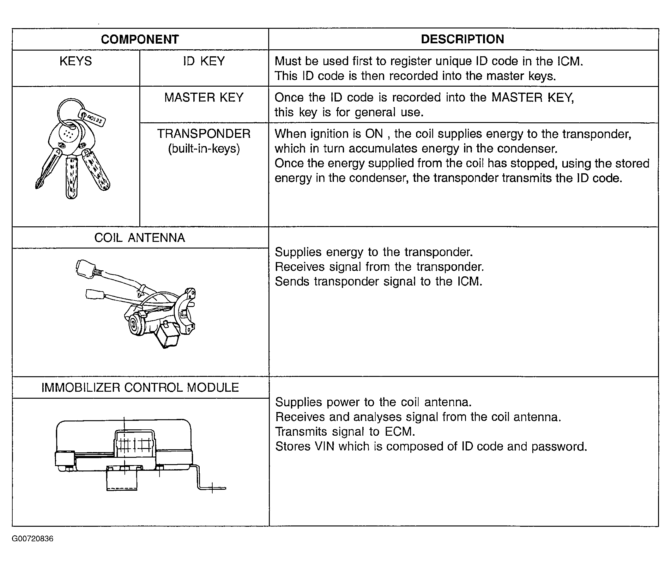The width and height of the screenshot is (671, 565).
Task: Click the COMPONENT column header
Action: coord(140,40)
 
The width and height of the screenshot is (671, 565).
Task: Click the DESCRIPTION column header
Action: coord(462,39)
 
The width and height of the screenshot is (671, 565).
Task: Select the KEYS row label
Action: coord(76,61)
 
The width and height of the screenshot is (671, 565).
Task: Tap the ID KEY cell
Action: coord(204,61)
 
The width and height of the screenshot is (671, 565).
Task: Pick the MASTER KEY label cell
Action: coord(204,97)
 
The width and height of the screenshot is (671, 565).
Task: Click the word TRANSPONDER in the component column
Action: coord(204,134)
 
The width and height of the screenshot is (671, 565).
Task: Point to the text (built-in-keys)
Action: coord(204,149)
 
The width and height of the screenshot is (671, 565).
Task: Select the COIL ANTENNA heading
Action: coord(140,238)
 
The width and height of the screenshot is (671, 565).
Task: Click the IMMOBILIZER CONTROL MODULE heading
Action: coord(140,388)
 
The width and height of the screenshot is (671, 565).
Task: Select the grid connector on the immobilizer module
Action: coord(134,444)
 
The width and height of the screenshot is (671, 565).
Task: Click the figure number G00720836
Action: coord(33,539)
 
